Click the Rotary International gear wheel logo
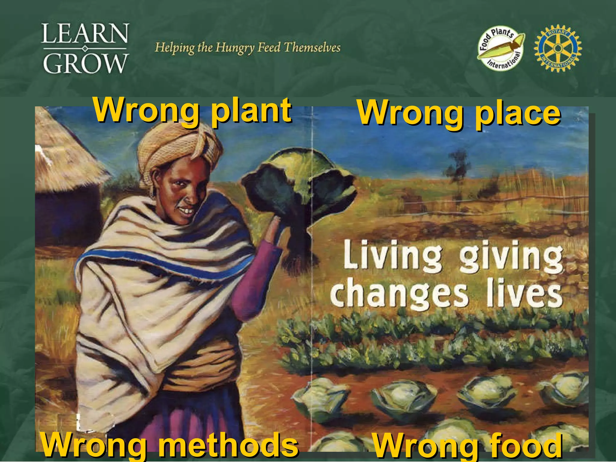[558, 48]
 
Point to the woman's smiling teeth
[188, 211]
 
